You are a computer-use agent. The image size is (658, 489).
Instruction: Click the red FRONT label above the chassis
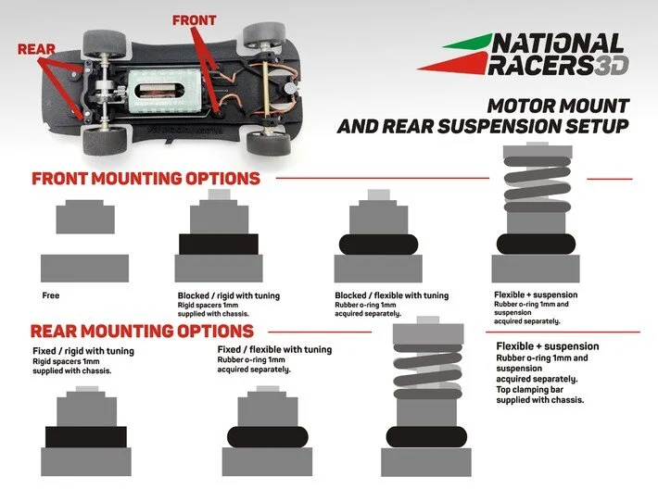pyautogui.click(x=195, y=19)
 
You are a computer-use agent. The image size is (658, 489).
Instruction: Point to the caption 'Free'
pyautogui.click(x=51, y=296)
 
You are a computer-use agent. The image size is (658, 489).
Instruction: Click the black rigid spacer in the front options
pyautogui.click(x=218, y=243)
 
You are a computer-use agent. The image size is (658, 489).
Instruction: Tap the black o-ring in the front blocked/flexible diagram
pyautogui.click(x=375, y=244)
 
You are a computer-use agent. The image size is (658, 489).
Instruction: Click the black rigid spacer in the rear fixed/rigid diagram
pyautogui.click(x=85, y=436)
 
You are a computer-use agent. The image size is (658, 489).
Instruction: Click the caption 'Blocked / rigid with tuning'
pyautogui.click(x=228, y=296)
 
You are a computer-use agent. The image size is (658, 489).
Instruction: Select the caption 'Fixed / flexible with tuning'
pyautogui.click(x=273, y=351)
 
